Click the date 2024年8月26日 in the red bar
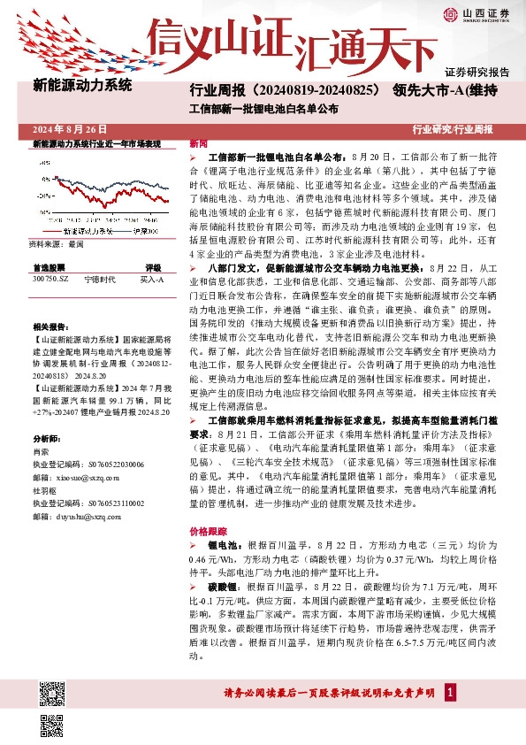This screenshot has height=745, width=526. point(63,129)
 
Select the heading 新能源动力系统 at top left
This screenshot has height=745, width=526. point(82,87)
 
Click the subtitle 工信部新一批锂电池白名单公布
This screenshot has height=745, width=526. point(264,110)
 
